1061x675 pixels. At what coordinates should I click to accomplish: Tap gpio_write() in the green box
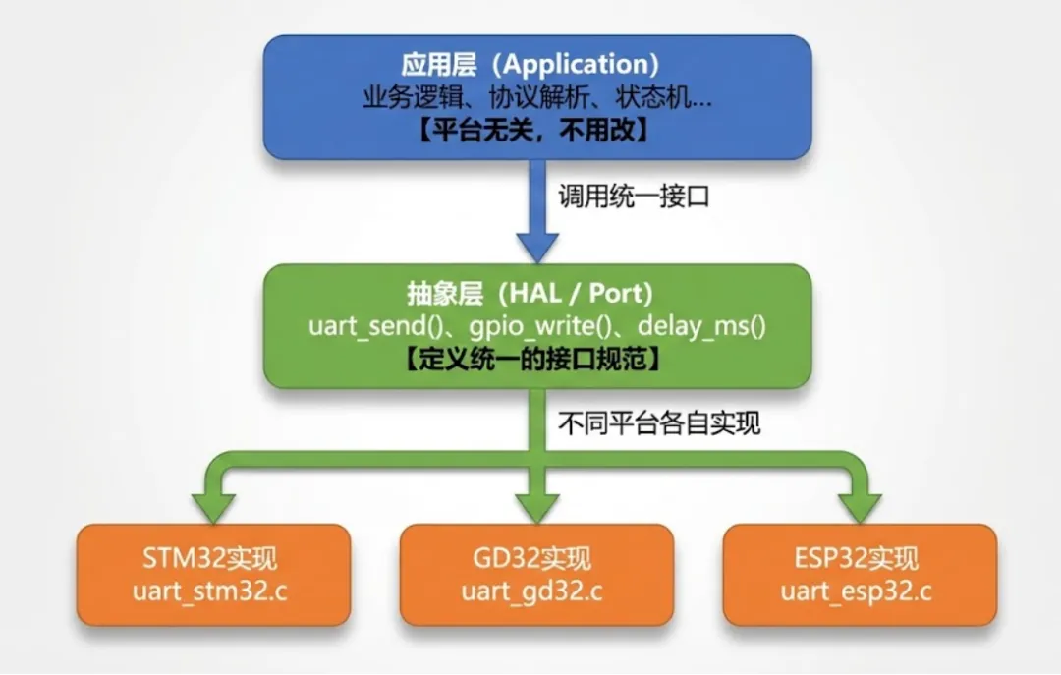(531, 325)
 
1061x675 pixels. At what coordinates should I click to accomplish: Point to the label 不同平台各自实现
(659, 424)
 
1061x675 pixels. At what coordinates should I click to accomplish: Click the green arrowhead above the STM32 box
(213, 504)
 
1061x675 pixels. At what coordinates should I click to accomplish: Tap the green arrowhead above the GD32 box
(536, 504)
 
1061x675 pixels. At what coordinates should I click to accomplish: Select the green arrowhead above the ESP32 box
(860, 504)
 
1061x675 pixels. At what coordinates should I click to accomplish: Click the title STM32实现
(213, 560)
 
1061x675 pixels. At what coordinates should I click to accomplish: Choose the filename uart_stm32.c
(213, 592)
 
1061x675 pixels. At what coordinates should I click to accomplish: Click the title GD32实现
(536, 560)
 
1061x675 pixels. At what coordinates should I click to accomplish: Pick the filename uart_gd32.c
(536, 592)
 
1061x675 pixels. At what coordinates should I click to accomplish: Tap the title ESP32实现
(860, 560)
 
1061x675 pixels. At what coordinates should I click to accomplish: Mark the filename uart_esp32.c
(860, 592)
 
